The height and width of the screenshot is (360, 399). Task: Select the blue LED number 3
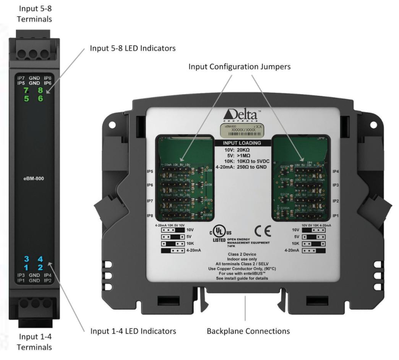[x=25, y=259]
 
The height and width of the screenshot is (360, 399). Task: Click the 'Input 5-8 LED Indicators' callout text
[x=132, y=48]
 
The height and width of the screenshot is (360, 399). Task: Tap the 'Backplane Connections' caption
[x=248, y=331]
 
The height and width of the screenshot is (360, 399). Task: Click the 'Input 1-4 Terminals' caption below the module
[x=35, y=342]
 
